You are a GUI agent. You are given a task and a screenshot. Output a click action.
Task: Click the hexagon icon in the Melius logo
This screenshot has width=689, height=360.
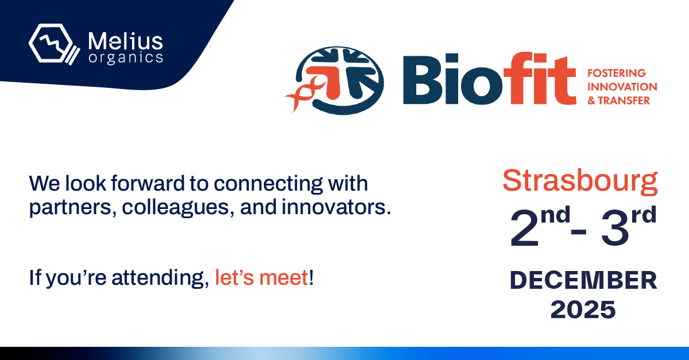pos(51,43)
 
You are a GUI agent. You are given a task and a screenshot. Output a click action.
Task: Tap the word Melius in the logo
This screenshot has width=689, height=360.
pos(126,41)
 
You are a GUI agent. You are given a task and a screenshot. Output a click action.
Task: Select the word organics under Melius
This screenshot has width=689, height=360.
pos(126,58)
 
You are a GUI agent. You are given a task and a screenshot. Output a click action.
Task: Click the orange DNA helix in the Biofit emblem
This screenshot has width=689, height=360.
pos(304,93)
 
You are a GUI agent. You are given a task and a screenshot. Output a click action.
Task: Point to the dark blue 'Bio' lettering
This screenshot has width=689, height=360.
pos(452,79)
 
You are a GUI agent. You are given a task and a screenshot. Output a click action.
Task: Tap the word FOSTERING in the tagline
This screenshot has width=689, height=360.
pos(617,73)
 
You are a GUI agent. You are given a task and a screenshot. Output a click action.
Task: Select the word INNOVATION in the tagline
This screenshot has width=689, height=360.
pos(622,87)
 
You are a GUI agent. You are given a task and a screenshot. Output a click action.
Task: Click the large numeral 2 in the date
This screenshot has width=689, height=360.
pos(524,228)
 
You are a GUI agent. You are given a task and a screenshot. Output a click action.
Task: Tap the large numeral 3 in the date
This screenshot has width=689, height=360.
pos(615,228)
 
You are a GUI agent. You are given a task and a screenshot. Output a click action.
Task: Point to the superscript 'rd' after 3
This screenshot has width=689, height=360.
pos(644,215)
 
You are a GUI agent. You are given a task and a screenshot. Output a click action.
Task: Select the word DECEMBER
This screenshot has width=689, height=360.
pos(583,280)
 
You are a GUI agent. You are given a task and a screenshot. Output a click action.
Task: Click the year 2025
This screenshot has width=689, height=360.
pos(583,309)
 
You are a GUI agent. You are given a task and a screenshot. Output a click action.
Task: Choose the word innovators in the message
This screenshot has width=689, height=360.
pos(336,207)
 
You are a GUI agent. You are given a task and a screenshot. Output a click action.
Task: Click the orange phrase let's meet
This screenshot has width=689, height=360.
pos(261,277)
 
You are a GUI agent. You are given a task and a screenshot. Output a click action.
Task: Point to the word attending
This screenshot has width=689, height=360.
pos(160,278)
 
